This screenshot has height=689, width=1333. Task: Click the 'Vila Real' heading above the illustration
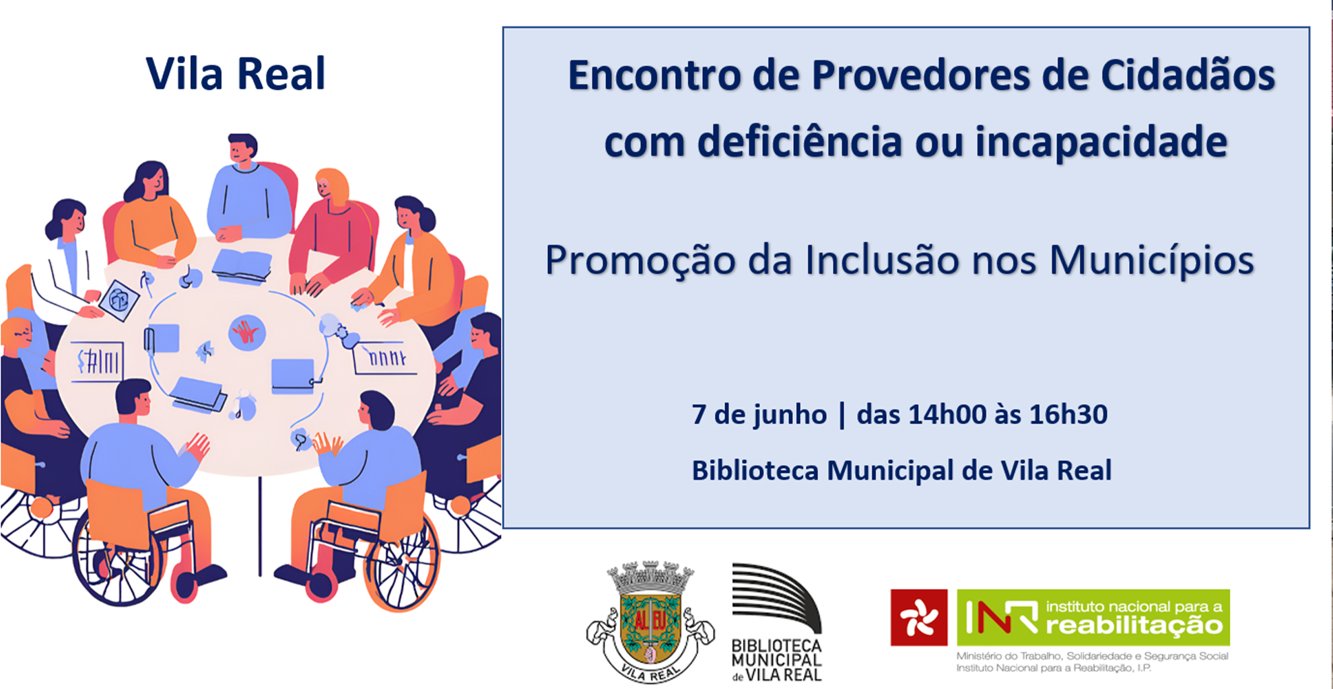tap(236, 73)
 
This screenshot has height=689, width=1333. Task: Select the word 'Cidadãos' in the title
tap(1188, 75)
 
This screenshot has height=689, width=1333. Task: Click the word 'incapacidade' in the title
tap(1101, 143)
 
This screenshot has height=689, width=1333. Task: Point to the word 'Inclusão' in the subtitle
tap(881, 260)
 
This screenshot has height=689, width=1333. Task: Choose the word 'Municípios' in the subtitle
tap(1151, 260)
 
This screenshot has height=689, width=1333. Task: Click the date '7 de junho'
tap(759, 414)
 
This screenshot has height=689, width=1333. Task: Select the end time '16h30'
tap(1068, 414)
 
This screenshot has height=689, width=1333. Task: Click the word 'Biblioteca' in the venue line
tap(755, 470)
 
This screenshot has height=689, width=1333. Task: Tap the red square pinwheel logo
tap(918, 618)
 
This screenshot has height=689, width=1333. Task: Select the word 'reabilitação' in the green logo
tap(1134, 626)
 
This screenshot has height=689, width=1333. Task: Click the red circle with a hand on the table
tap(247, 332)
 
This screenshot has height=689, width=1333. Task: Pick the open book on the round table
tap(242, 265)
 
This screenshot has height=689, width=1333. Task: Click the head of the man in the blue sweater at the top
tap(242, 149)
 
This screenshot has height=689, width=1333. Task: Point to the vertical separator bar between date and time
tap(842, 414)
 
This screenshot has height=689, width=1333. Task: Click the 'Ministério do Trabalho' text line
tap(1092, 656)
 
